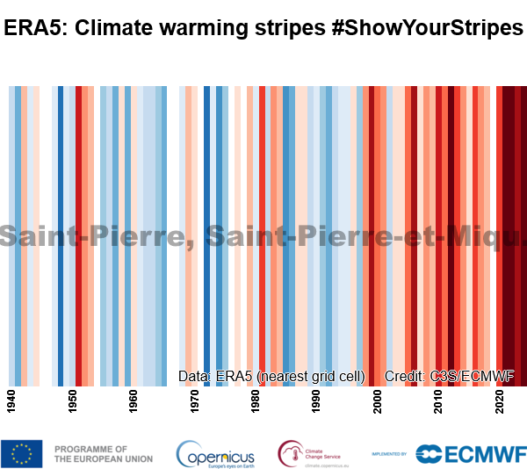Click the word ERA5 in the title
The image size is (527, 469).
34,29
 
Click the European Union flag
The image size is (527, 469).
22,453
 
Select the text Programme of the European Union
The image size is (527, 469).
104,453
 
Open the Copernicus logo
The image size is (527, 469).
216,454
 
